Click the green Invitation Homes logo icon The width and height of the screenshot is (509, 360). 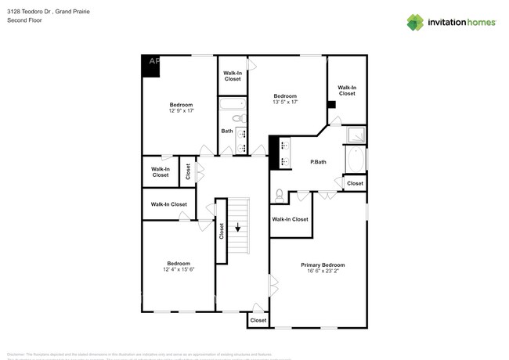point(415,22)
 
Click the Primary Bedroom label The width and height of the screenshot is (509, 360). point(323,265)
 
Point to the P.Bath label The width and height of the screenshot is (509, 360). point(318,162)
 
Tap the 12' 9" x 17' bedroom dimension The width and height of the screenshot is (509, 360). point(181,111)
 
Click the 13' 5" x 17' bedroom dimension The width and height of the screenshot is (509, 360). point(285,102)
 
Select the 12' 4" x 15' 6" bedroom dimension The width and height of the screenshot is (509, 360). point(178,269)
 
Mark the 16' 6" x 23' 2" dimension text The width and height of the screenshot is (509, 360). point(323,272)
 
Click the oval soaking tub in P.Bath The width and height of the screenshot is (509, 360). point(356,160)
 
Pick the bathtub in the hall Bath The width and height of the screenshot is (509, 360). point(233,105)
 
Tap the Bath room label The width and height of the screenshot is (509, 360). point(226,131)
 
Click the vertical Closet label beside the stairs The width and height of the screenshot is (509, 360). point(222,230)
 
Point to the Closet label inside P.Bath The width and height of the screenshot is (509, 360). point(355,183)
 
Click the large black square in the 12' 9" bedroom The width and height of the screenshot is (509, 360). point(151,66)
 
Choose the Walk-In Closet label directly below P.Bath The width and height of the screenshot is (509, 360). point(290,219)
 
